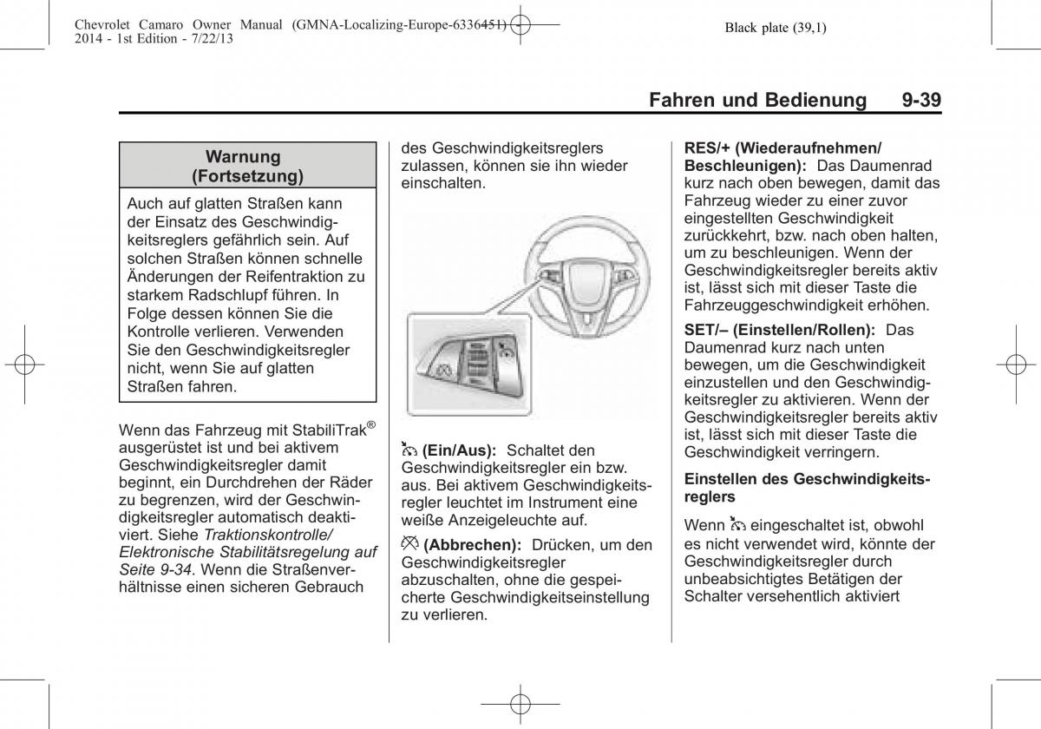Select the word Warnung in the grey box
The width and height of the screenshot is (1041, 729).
(243, 157)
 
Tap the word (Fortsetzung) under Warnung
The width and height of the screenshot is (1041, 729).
(247, 177)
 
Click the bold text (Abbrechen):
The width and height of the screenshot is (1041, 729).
(473, 545)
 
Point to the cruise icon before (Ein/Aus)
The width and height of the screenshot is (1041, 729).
(409, 450)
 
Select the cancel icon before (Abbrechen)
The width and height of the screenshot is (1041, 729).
(409, 544)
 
